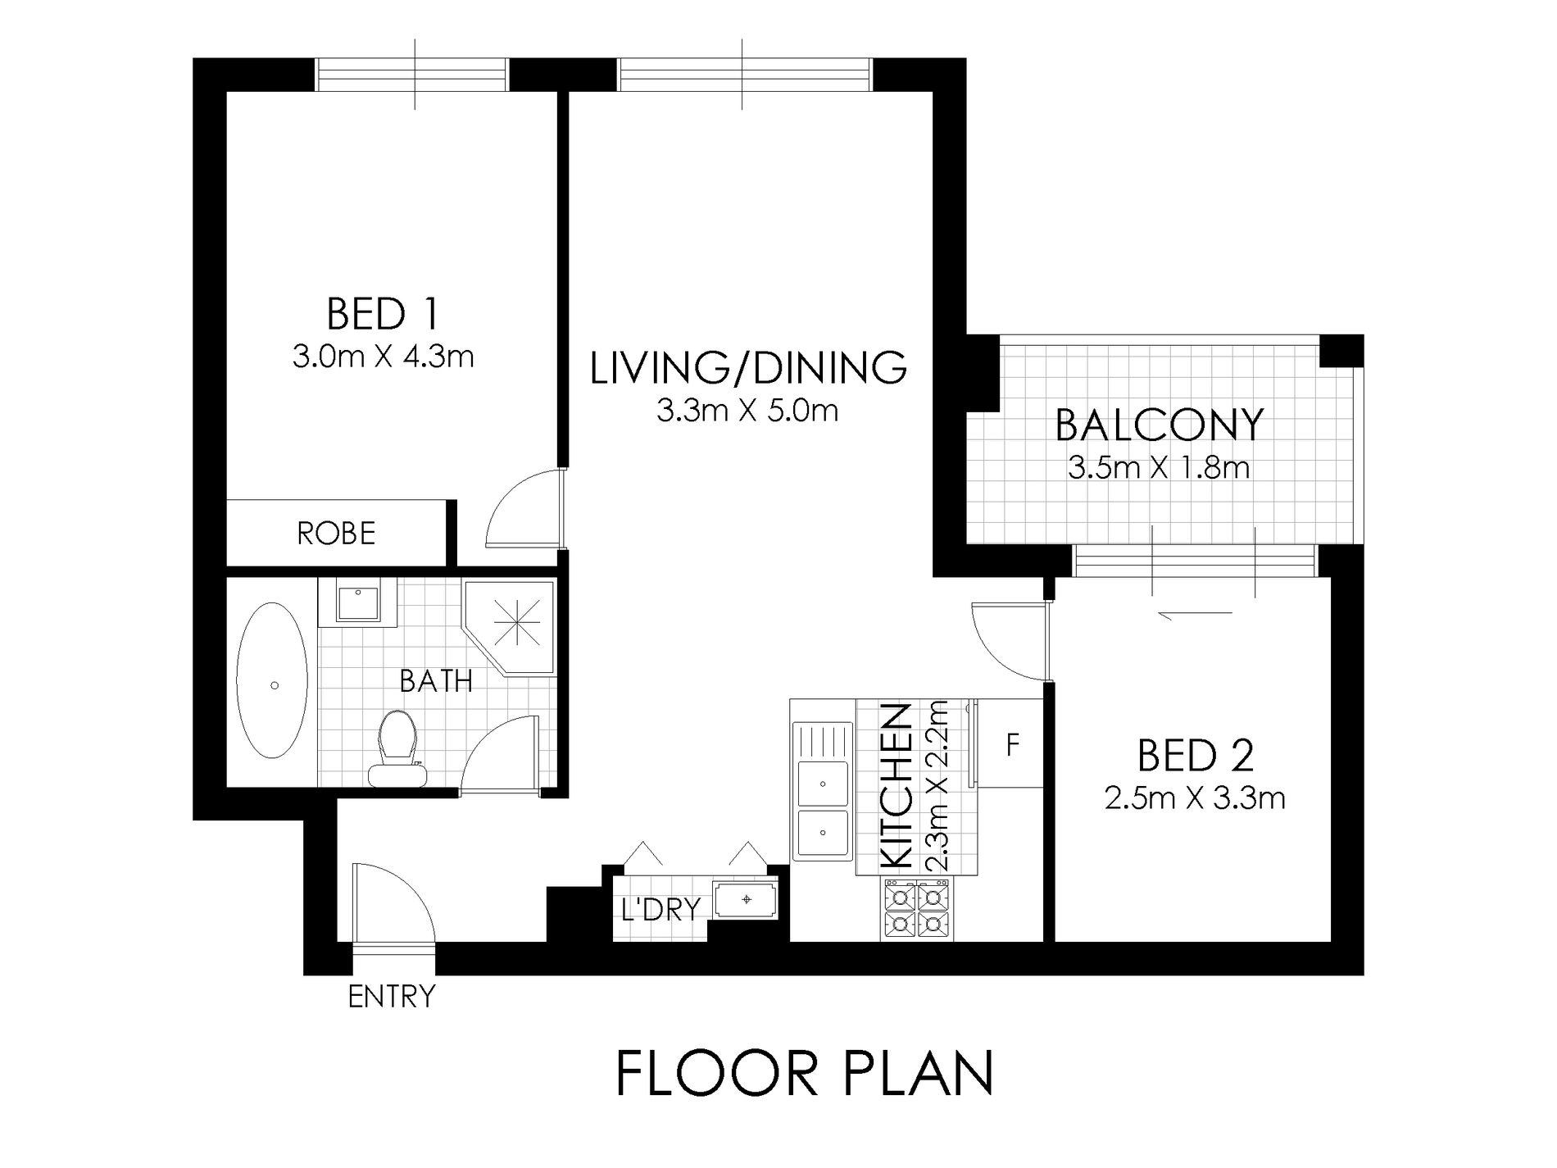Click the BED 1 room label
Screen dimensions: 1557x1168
point(383,314)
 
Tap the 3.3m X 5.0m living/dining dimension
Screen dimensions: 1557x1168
point(747,410)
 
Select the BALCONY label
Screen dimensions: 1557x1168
point(1159,425)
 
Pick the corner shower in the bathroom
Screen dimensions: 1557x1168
point(509,627)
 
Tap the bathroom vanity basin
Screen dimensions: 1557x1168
point(357,602)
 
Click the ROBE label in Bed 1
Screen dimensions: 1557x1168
point(336,534)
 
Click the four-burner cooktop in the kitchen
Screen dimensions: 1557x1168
point(917,908)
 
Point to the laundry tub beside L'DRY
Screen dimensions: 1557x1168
point(746,900)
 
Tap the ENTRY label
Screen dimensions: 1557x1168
point(392,997)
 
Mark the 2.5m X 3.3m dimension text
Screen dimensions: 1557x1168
point(1195,798)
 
